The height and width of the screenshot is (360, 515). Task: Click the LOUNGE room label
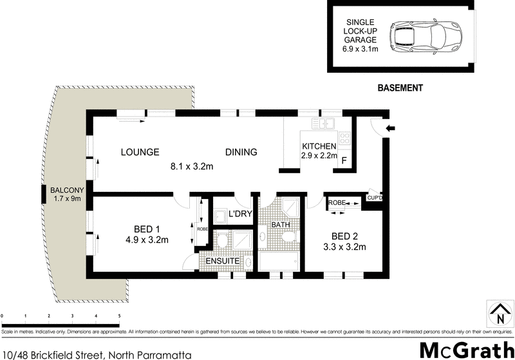140,153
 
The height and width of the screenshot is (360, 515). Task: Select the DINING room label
241,153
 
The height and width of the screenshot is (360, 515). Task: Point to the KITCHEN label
319,145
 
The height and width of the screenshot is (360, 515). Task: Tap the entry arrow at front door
390,129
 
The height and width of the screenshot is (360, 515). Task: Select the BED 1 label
147,229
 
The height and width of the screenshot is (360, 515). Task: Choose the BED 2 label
344,235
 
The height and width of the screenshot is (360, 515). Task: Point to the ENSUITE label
223,261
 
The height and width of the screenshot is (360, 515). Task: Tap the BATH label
281,225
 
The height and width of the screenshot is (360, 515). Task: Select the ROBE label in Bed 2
337,203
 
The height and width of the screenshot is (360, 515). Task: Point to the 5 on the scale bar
119,316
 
